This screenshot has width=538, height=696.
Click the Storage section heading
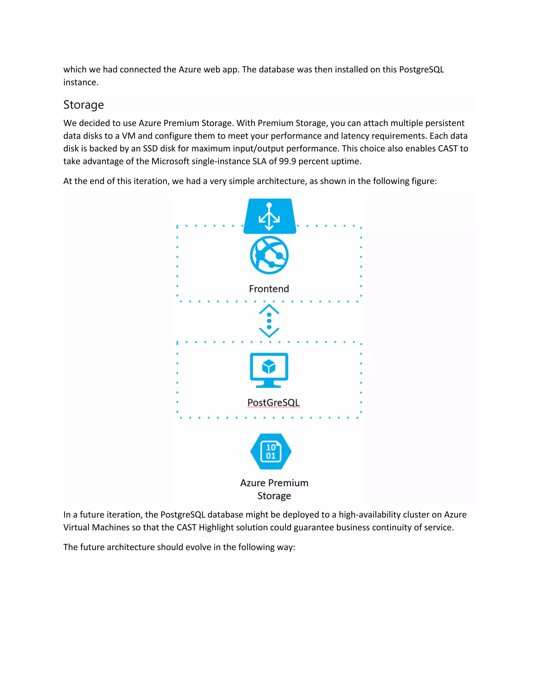tap(84, 105)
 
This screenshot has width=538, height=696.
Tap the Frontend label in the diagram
tap(269, 289)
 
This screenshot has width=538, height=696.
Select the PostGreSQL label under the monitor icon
tap(273, 402)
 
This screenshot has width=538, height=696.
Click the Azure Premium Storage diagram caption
tap(274, 489)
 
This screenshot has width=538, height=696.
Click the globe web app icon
tap(269, 255)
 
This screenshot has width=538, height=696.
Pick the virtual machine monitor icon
tap(269, 370)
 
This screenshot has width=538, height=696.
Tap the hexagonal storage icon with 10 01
tap(271, 451)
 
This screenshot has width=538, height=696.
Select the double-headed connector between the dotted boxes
tap(269, 321)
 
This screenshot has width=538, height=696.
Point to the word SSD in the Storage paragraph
tap(150, 148)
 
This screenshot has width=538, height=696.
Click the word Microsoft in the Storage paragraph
tap(170, 161)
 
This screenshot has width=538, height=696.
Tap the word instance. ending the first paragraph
tap(81, 82)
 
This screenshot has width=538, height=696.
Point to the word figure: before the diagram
tap(424, 181)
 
